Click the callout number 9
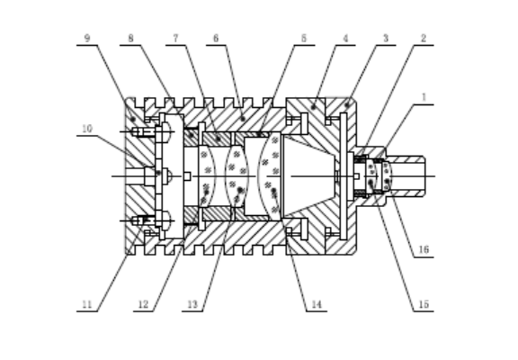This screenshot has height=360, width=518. coord(87,39)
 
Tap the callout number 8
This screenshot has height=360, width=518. coord(130,39)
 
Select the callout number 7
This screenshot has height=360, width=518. coord(175,39)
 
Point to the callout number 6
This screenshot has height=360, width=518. coord(216,39)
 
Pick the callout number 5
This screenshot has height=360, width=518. coord(304,39)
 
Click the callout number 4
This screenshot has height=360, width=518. coord(345,39)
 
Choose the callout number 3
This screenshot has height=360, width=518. coord(386,39)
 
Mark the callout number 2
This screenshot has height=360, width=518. coord(424,39)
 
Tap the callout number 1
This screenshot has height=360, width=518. coord(424,97)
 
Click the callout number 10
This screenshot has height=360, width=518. coord(87,129)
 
